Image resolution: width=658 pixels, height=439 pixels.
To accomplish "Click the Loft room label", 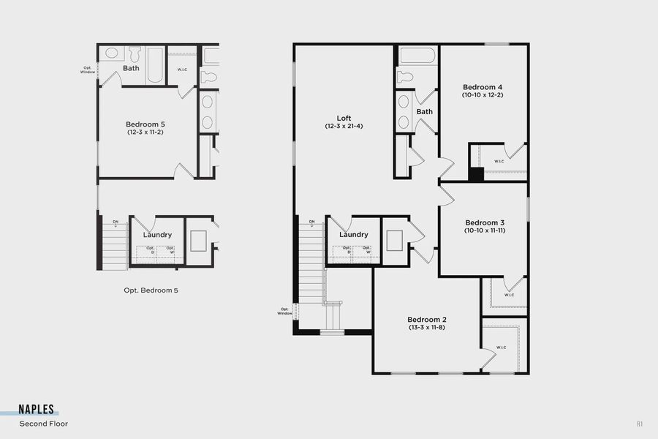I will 344,118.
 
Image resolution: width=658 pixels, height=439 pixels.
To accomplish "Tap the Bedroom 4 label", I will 483,87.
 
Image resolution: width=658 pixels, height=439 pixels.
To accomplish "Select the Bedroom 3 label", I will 485,222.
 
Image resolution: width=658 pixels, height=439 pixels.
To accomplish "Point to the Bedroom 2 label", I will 427,320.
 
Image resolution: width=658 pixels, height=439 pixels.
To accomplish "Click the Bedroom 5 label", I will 145,124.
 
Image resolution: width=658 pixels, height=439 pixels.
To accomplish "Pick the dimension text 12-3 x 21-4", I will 344,127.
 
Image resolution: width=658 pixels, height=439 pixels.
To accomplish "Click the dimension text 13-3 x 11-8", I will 427,328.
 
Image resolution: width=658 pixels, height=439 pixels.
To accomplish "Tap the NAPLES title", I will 36,410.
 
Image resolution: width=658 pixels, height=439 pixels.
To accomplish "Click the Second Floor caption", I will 44,424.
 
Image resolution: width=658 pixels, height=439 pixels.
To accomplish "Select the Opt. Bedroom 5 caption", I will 151,290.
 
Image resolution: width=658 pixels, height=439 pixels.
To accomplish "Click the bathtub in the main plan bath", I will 417,56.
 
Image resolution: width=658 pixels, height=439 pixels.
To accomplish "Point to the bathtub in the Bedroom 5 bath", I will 156,65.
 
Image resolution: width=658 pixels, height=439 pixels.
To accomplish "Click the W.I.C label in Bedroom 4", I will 499,161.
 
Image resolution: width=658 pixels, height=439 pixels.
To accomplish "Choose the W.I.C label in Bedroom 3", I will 508,296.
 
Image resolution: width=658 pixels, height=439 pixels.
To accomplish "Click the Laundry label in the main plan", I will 353,235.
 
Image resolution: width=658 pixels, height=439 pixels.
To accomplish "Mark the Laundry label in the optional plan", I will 157,235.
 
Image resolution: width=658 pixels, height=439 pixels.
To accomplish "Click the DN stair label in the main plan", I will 311,222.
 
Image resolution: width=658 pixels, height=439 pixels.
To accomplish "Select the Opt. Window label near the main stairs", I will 285,311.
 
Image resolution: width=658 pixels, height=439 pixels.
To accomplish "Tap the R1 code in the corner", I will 640,424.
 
